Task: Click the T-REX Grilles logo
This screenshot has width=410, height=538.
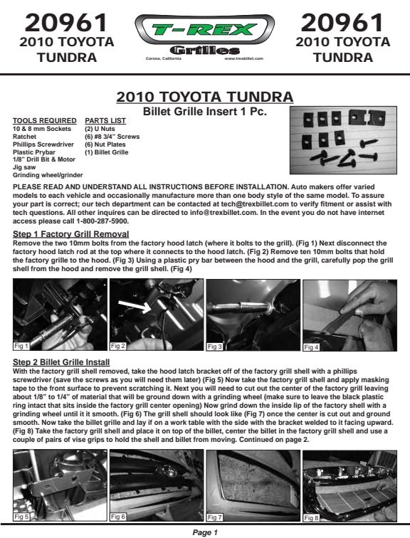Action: coord(205,36)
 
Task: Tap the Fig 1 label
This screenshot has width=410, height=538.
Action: coord(21,346)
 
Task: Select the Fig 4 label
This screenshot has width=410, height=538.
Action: coord(311,347)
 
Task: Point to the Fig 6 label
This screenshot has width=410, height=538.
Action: coord(118,517)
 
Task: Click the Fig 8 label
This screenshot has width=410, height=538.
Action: coord(311,518)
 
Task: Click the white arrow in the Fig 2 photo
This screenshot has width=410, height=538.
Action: coord(135,306)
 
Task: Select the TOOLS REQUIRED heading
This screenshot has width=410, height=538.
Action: coord(45,121)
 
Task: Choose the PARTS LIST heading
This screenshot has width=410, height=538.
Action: coord(105,121)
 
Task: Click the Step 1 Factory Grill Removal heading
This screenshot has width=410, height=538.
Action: coord(70,234)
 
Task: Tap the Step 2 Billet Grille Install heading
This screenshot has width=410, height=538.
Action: coord(61,362)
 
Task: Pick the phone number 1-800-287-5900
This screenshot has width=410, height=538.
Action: coord(102,221)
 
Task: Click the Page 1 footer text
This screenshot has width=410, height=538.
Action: coord(205,532)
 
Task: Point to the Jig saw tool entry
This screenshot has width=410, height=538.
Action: coord(24,167)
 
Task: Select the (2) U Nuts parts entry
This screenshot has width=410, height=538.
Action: coord(100,129)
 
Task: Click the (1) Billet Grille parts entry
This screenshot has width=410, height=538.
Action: coord(106,152)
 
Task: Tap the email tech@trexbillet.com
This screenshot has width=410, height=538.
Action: coord(255,204)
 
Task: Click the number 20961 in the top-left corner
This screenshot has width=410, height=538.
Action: coord(67,23)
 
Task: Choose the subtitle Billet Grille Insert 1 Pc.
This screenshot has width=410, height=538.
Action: coord(205,112)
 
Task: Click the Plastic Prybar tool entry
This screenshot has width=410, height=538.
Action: coord(34,152)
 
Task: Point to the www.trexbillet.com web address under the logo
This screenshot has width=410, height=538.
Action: coord(244,58)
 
